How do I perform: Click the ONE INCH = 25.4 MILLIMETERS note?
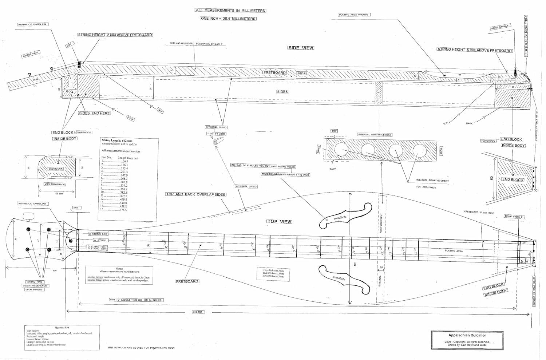tap(228, 19)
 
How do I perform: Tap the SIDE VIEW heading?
tap(301, 48)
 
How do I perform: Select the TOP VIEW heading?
tap(280, 221)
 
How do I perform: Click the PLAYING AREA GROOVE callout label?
tap(353, 15)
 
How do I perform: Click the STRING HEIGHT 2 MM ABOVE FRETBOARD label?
tap(115, 35)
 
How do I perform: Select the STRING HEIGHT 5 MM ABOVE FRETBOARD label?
tap(475, 50)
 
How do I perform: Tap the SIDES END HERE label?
tap(94, 113)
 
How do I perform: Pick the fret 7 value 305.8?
tap(124, 182)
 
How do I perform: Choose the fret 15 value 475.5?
tap(123, 210)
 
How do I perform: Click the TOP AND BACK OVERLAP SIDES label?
tap(196, 194)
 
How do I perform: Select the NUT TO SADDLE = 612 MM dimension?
tap(136, 300)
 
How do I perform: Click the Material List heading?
tap(62, 328)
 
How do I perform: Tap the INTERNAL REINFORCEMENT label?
tap(375, 135)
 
